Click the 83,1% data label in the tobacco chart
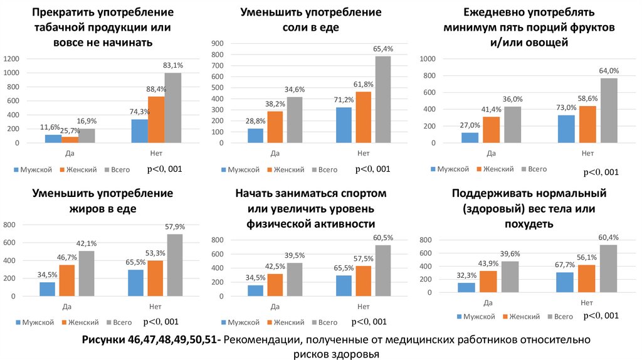pyautogui.click(x=173, y=65)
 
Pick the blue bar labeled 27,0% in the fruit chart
pyautogui.click(x=470, y=137)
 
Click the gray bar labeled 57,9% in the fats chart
pyautogui.click(x=174, y=264)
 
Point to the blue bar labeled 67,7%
pyautogui.click(x=564, y=282)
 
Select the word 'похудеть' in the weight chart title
pyautogui.click(x=528, y=223)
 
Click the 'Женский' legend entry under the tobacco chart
pyautogui.click(x=79, y=169)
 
